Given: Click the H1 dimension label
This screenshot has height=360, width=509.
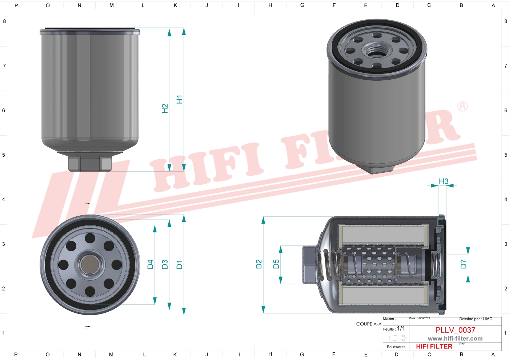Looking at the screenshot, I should pyautogui.click(x=179, y=99).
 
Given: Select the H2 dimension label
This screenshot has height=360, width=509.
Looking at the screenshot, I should pyautogui.click(x=165, y=108).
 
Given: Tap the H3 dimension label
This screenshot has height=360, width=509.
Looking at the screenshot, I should pyautogui.click(x=444, y=181).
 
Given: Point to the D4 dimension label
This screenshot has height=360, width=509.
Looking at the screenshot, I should pyautogui.click(x=150, y=264).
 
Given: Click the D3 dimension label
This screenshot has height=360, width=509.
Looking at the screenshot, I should pyautogui.click(x=165, y=264).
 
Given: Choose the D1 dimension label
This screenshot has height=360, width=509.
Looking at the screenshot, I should pyautogui.click(x=179, y=264).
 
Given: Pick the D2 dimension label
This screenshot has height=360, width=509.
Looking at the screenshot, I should pyautogui.click(x=258, y=264).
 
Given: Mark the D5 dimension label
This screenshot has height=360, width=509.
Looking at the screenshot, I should pyautogui.click(x=276, y=264).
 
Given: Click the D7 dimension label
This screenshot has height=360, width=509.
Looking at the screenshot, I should pyautogui.click(x=463, y=264).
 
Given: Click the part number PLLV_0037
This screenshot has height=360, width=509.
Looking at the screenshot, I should pyautogui.click(x=455, y=330).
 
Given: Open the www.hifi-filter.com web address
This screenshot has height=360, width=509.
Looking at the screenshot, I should pyautogui.click(x=455, y=339).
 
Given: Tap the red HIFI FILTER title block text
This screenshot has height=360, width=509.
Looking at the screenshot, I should pyautogui.click(x=434, y=347).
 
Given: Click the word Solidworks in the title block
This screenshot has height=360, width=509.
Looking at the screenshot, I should pyautogui.click(x=396, y=347).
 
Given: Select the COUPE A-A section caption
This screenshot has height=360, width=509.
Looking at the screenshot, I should pyautogui.click(x=369, y=324).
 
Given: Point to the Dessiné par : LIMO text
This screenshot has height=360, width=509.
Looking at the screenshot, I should pyautogui.click(x=476, y=319).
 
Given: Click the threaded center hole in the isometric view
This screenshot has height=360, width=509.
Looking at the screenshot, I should pyautogui.click(x=377, y=50).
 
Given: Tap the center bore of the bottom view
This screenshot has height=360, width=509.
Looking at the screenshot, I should pyautogui.click(x=90, y=264).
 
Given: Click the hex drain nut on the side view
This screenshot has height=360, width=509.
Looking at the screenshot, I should pyautogui.click(x=90, y=163).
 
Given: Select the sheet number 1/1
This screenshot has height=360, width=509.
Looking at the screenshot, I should pyautogui.click(x=401, y=328).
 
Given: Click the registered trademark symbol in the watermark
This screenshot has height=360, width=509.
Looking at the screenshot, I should pyautogui.click(x=462, y=107).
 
